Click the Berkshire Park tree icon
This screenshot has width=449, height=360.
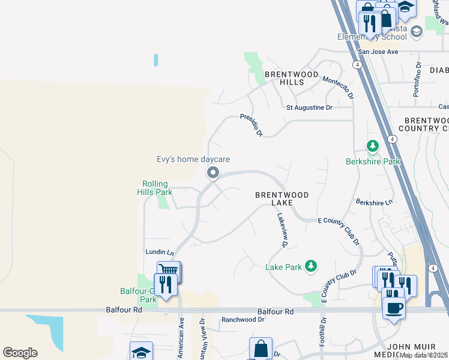pyautogui.click(x=373, y=146)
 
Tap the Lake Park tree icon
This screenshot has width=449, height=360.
pyautogui.click(x=310, y=266)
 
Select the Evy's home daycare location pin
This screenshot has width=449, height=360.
pyautogui.click(x=212, y=173)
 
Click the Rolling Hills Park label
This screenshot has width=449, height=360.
pyautogui.click(x=155, y=188)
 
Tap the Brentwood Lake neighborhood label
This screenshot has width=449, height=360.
pyautogui.click(x=282, y=199)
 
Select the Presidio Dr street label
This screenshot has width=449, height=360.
pyautogui.click(x=252, y=124)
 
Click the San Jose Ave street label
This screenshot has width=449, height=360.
pyautogui.click(x=375, y=52)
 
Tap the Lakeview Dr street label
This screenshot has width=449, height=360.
pyautogui.click(x=281, y=232)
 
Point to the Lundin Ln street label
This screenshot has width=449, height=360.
pyautogui.click(x=160, y=253)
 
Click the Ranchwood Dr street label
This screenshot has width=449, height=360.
pyautogui.click(x=243, y=320)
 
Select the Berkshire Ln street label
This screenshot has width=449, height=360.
pyautogui.click(x=373, y=202)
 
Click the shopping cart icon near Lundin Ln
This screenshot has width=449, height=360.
pyautogui.click(x=169, y=272)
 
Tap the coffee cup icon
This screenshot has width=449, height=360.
pyautogui.click(x=393, y=308)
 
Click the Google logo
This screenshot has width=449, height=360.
pyautogui.click(x=20, y=353)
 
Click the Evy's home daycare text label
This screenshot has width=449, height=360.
pyautogui.click(x=193, y=159)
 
